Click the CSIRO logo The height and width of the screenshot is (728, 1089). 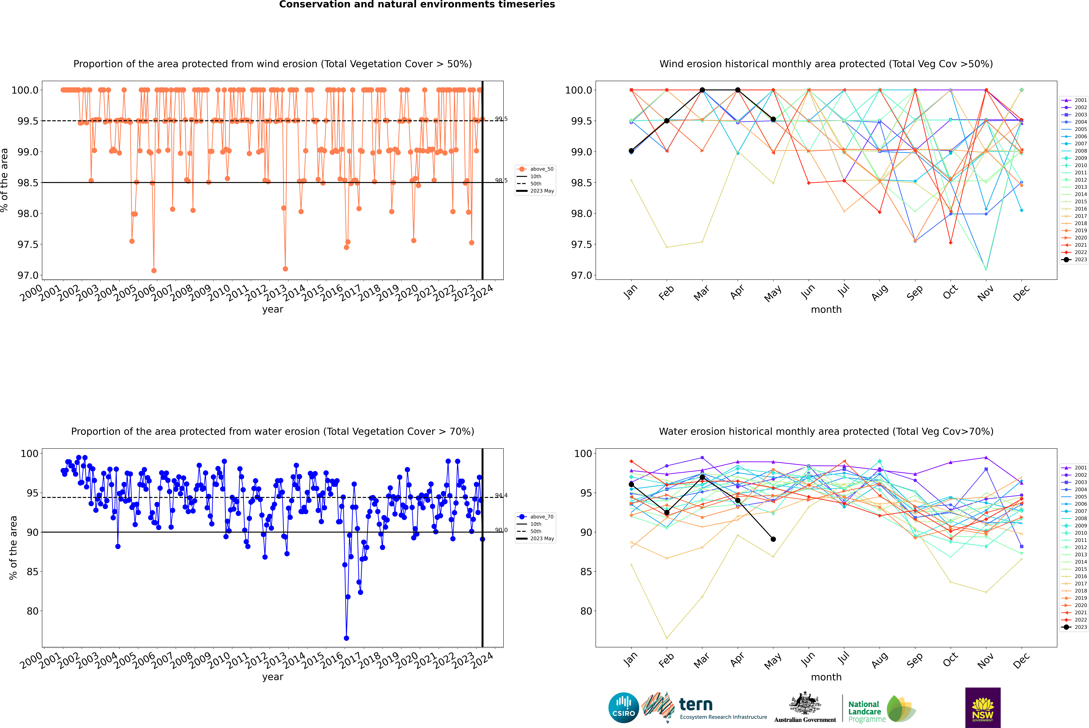tap(623, 708)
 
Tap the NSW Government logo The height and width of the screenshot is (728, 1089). tap(983, 708)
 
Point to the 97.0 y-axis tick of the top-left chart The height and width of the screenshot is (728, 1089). tap(28, 275)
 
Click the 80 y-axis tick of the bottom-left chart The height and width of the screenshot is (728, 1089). tap(32, 611)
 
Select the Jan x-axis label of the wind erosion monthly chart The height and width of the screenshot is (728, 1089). tap(630, 292)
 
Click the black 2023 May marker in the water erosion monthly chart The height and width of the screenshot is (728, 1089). tap(773, 539)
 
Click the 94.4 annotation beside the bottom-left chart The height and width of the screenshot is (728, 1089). tap(501, 496)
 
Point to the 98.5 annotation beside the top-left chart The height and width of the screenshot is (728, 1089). tap(501, 181)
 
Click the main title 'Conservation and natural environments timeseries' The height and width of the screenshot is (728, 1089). tap(417, 5)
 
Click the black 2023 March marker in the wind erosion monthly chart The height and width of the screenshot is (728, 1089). tap(702, 90)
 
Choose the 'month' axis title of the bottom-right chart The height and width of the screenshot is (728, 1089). tap(826, 677)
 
